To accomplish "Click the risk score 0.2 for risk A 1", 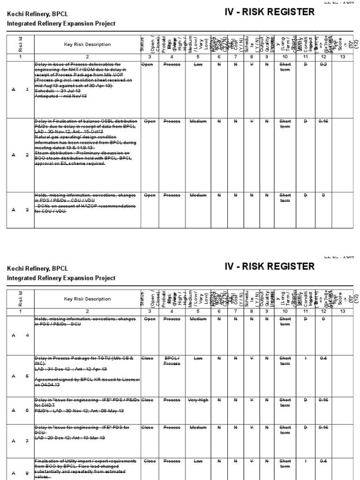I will coord(323,65).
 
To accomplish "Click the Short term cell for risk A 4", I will coord(285,322).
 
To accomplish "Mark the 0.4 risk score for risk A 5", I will coord(323,358).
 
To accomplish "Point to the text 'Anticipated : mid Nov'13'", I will coord(61,96).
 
